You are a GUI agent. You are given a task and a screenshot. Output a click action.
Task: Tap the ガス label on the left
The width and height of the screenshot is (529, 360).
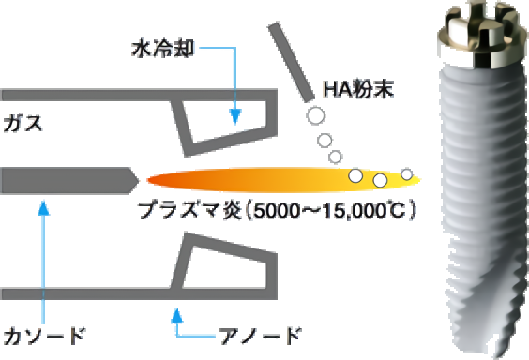click(23, 123)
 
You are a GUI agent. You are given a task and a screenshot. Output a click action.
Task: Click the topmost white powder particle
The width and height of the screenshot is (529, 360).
click(316, 116)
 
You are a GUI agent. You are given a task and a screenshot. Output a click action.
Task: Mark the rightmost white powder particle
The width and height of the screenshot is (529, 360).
click(407, 174)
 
